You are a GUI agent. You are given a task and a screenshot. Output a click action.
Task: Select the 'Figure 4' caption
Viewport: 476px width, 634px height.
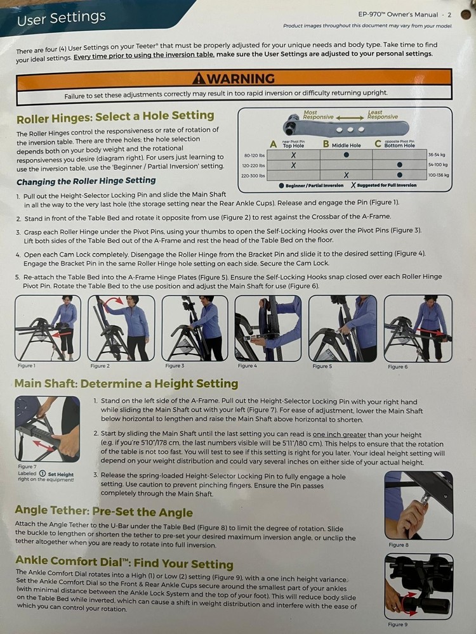pos(247,366)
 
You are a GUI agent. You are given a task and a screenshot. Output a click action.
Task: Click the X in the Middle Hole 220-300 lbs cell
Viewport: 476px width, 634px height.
pos(345,175)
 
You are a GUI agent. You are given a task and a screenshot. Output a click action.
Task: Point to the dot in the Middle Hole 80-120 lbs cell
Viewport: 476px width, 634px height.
pos(346,154)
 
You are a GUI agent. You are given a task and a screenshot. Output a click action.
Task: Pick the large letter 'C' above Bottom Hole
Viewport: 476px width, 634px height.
pos(378,144)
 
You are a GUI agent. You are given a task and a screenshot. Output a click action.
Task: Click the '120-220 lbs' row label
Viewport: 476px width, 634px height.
pos(255,164)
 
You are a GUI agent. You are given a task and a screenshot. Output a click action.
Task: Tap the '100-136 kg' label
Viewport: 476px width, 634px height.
pos(438,175)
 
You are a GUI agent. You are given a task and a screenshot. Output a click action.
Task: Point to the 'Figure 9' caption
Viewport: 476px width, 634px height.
pos(397,624)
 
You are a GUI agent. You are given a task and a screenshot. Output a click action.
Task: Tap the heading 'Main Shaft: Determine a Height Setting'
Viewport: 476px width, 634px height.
pos(126,384)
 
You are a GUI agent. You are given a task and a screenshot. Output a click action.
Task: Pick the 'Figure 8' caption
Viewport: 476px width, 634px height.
pos(399,544)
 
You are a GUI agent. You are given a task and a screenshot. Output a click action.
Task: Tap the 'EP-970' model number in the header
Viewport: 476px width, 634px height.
pos(381,13)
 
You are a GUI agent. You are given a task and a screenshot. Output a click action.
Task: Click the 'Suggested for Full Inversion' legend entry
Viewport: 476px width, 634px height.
pos(383,185)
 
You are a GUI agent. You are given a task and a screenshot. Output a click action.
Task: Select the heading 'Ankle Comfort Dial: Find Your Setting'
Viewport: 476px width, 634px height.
pos(124,564)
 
